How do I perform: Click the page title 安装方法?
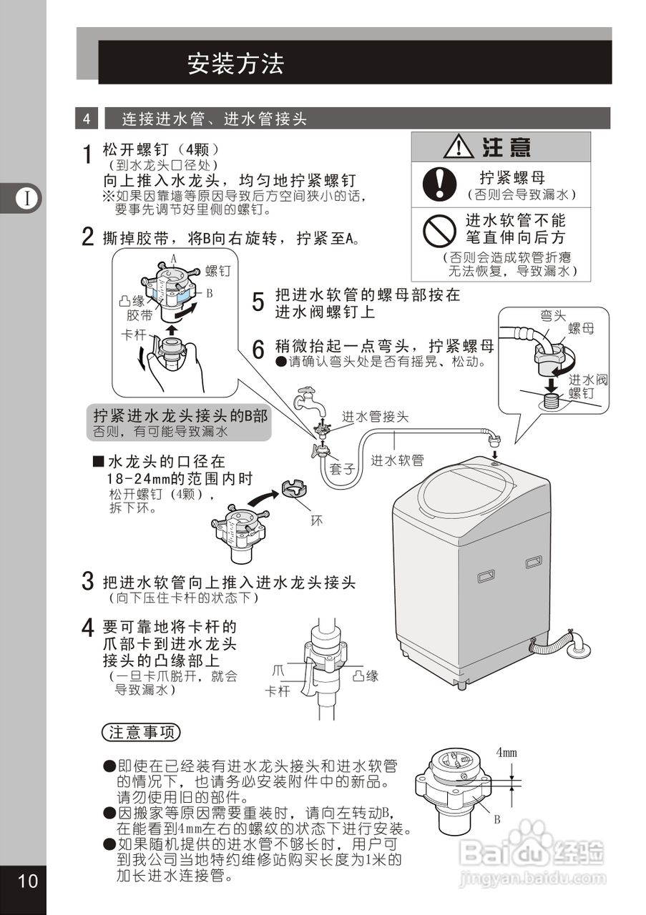[x=235, y=64]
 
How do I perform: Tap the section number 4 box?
[x=86, y=119]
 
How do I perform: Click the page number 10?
[x=26, y=881]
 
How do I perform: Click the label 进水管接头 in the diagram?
[x=375, y=417]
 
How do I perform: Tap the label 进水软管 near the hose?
[x=397, y=461]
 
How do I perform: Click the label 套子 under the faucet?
[x=343, y=470]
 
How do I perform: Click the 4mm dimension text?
[x=506, y=752]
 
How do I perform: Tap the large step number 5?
[x=258, y=302]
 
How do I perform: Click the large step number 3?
[x=87, y=581]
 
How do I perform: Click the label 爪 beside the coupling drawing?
[x=278, y=671]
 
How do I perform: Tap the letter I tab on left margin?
[x=27, y=198]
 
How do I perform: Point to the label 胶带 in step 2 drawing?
[x=139, y=315]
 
